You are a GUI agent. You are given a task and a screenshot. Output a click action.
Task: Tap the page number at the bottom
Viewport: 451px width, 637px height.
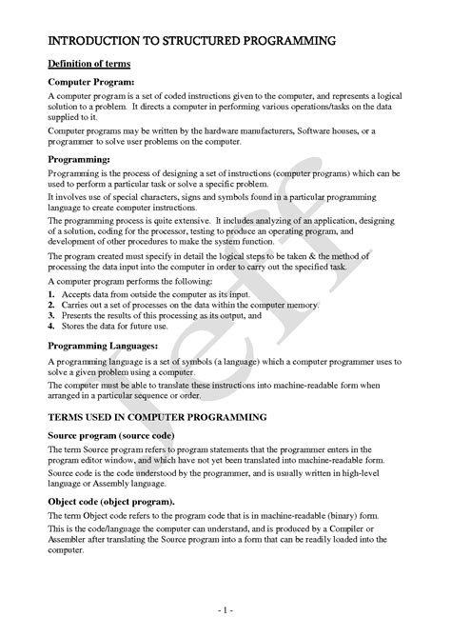(x=225, y=606)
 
